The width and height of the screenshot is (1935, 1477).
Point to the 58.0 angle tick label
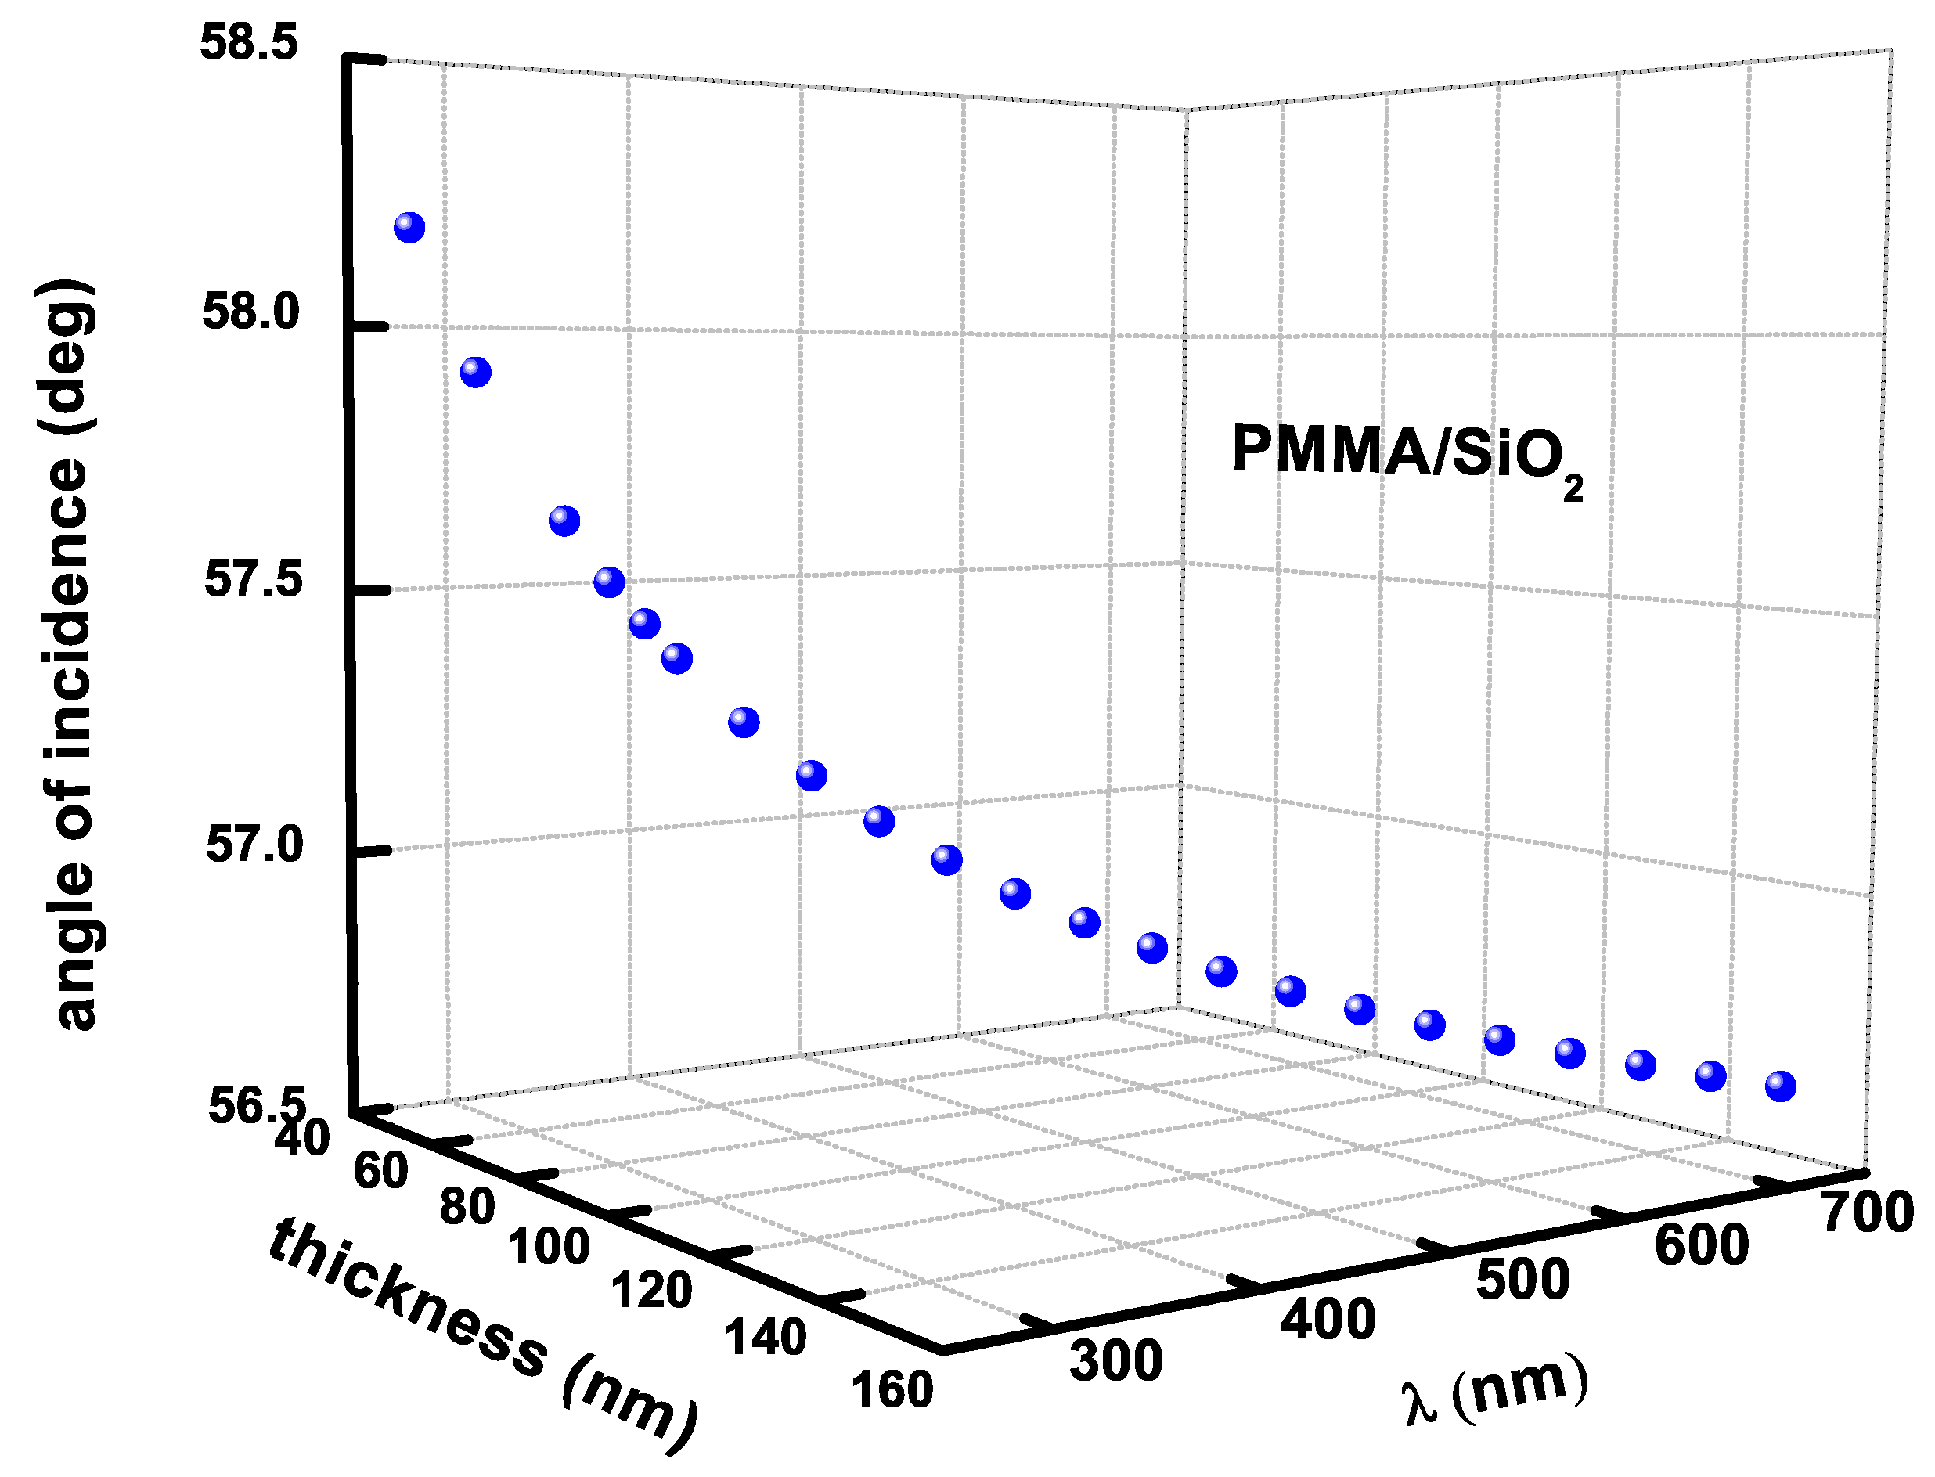251,313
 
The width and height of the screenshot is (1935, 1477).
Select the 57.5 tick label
253,580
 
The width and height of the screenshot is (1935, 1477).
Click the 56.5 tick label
257,1105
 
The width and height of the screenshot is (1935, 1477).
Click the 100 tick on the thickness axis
549,1248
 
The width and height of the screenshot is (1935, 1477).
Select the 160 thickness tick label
892,1391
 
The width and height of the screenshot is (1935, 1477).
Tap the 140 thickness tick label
765,1338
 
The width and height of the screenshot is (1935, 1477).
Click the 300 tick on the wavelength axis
1115,1361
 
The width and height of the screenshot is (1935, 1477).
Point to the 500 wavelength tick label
1522,1280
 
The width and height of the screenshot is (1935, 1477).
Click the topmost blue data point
409,228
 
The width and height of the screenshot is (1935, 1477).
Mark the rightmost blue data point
1780,1086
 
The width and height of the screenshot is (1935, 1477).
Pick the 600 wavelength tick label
1701,1246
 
